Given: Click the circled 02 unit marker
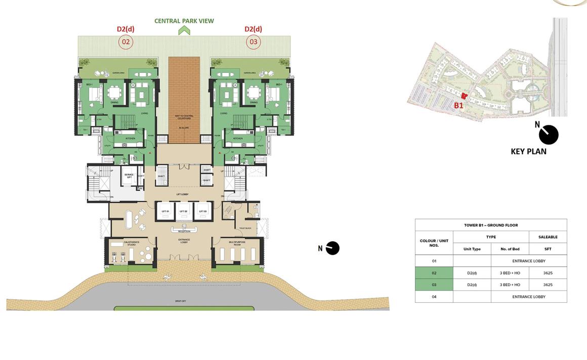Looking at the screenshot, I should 125,42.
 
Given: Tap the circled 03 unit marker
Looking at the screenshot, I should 253,42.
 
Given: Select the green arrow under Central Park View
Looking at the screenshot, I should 184,30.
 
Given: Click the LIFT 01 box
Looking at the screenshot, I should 165,211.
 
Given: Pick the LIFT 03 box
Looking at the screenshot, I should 202,211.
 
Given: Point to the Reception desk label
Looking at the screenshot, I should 184,232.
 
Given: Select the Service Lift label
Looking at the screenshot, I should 129,175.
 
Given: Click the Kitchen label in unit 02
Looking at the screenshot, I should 131,138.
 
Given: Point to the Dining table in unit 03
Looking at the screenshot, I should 253,94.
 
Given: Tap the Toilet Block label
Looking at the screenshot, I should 245,229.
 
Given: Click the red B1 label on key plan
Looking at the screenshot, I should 458,106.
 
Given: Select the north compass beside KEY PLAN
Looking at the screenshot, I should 549,135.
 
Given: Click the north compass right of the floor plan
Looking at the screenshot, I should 332,248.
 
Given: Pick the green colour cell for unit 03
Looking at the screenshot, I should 434,285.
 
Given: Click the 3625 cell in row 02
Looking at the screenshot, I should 548,273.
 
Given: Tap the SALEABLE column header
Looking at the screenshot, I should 548,237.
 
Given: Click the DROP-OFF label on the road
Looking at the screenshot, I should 181,301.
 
